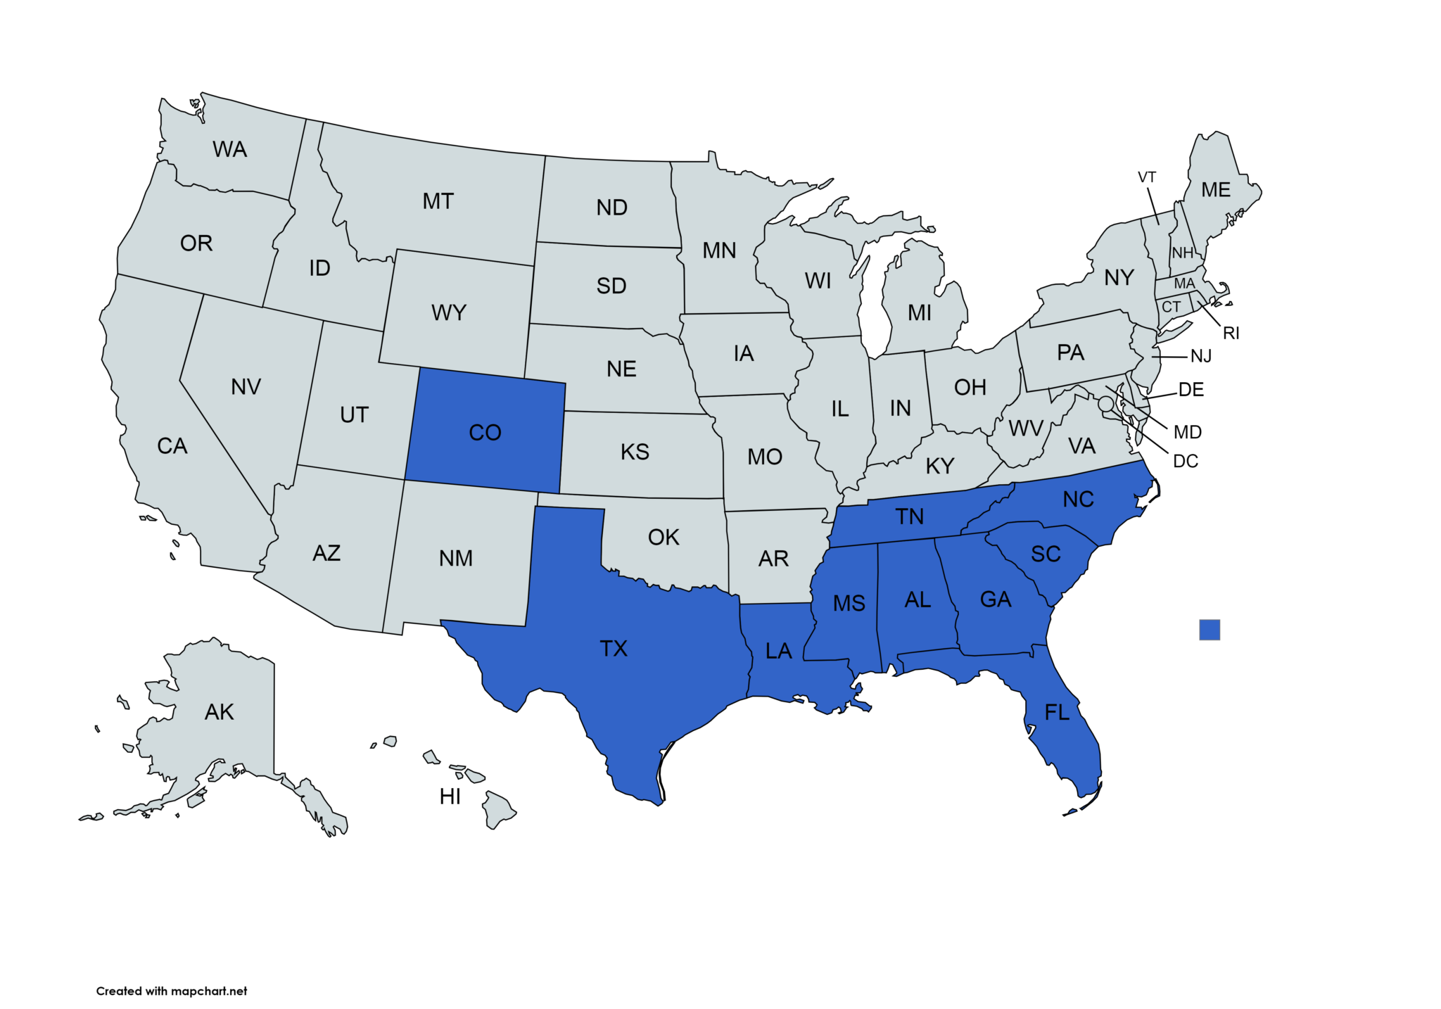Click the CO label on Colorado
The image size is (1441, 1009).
(485, 432)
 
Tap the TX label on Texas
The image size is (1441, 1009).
(614, 648)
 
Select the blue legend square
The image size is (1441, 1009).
(1210, 630)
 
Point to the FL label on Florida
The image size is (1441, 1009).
(1057, 713)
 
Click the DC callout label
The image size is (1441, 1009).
(1186, 461)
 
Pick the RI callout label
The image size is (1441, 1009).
(1231, 333)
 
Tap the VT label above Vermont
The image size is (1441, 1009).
(1147, 177)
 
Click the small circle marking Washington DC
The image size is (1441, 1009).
(1105, 403)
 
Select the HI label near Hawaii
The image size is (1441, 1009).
(450, 797)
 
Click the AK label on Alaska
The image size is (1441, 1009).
(219, 712)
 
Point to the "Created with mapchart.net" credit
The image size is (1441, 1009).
(172, 991)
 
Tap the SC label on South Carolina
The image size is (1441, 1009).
(1046, 554)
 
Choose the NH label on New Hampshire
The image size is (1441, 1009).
(1182, 253)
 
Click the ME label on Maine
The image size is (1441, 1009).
(1216, 190)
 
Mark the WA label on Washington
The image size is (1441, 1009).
(230, 149)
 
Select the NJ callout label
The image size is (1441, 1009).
(1201, 356)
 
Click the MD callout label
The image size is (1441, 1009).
(1188, 432)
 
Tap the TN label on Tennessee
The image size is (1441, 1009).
(910, 516)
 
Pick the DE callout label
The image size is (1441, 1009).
(1191, 389)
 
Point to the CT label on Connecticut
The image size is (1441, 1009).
(1171, 307)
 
